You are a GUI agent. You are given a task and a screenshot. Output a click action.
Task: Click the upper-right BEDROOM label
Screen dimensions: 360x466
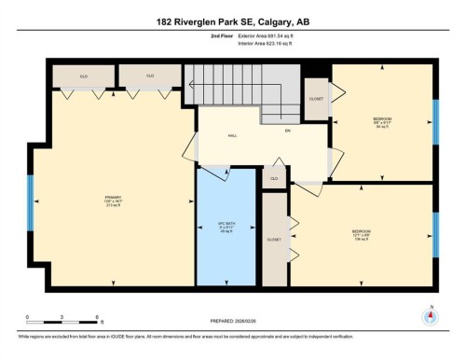[x=382, y=120]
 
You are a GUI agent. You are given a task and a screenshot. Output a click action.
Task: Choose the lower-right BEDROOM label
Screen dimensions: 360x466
[x=362, y=232]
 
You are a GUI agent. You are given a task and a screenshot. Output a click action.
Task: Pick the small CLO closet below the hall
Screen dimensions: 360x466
[x=274, y=178]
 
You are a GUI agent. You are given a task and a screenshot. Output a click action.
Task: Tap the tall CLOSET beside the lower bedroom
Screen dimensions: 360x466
[x=274, y=239]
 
